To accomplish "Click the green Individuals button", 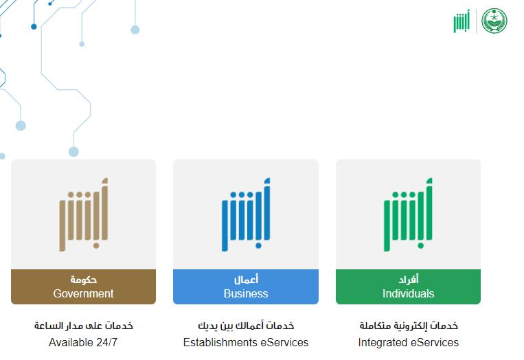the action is [x=408, y=286].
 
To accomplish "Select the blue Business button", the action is [x=246, y=286].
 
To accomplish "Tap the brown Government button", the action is [x=83, y=286].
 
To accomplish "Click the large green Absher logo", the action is [x=408, y=214].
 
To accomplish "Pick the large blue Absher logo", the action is [x=246, y=214].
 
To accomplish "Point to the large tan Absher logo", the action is [x=84, y=214].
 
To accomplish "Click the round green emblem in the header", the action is [x=494, y=21].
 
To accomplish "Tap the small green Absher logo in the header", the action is [x=462, y=21].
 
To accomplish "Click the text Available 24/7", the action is [x=83, y=342].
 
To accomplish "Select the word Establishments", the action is [x=220, y=342].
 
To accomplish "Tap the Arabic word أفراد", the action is [x=409, y=279].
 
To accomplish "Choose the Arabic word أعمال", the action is [x=246, y=279].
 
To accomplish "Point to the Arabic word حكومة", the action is [x=83, y=280].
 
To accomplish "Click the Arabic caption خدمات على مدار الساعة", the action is [x=84, y=326].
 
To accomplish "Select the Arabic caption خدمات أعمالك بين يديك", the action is [x=246, y=326].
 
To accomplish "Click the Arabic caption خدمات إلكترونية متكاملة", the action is [x=409, y=326].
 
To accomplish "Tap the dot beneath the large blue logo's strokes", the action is [x=258, y=246].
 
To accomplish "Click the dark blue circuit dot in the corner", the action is [x=34, y=27].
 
